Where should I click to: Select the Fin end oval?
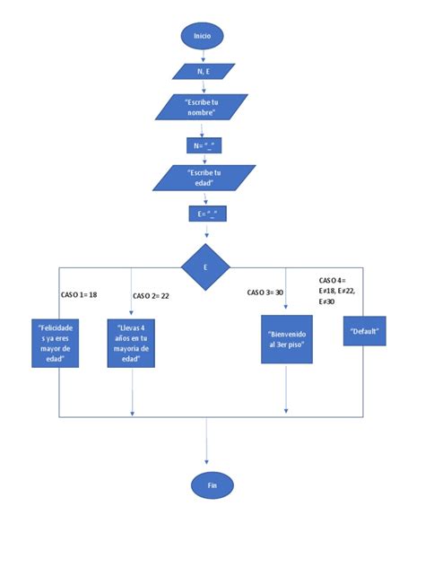click(212, 484)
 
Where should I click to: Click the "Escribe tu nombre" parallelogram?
click(203, 108)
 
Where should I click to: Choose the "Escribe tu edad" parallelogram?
click(205, 177)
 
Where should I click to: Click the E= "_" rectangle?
click(206, 214)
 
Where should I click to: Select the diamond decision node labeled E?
click(206, 267)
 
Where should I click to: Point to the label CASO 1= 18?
click(79, 294)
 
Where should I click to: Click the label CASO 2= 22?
click(152, 296)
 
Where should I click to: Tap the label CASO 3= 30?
click(265, 292)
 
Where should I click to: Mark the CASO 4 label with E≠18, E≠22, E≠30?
click(338, 291)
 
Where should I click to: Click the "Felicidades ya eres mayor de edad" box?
click(56, 344)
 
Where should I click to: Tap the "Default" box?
click(363, 331)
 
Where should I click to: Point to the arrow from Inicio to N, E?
click(203, 55)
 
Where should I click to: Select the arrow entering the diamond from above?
click(207, 233)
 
